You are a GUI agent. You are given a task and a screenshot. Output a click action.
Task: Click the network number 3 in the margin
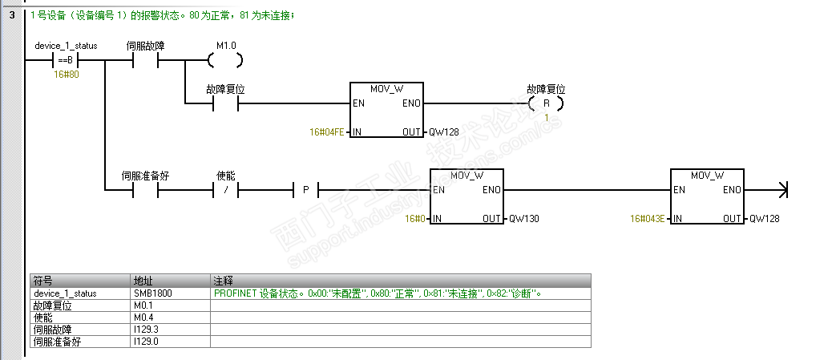[12, 14]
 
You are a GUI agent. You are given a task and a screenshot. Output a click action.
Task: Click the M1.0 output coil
[225, 61]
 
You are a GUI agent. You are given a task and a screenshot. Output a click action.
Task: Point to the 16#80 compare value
[66, 74]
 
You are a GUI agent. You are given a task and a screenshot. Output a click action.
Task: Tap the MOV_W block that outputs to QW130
[466, 196]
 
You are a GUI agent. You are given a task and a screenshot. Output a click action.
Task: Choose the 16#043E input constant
[648, 218]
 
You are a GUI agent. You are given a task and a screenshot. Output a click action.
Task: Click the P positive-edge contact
[305, 191]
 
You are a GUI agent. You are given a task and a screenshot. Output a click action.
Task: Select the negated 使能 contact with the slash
[226, 191]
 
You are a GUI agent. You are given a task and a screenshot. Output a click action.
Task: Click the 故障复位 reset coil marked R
[546, 103]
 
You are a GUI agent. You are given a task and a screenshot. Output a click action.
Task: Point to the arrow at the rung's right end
[783, 190]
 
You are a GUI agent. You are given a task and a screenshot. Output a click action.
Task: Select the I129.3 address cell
[148, 330]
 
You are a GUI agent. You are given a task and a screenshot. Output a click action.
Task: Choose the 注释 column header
[222, 281]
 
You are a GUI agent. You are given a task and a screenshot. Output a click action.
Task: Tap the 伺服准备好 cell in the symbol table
[57, 342]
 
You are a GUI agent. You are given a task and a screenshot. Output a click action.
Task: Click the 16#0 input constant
[414, 218]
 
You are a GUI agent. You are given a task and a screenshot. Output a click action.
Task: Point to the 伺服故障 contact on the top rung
[146, 61]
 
